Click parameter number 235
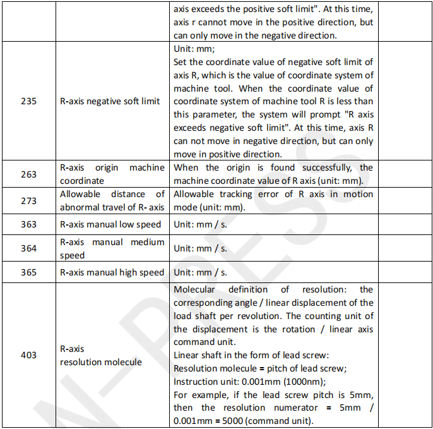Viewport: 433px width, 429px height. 28,100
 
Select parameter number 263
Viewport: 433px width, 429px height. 28,174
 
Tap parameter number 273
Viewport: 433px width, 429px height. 28,201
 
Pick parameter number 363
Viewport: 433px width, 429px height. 28,224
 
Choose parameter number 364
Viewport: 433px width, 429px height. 28,248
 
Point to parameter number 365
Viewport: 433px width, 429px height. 28,272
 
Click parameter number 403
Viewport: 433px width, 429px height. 28,355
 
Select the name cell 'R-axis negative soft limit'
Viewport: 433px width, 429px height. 110,100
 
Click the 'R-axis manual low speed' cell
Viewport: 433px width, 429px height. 110,224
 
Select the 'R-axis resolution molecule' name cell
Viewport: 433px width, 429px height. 101,355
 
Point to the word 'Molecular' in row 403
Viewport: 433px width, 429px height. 194,289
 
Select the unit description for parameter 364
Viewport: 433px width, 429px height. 200,248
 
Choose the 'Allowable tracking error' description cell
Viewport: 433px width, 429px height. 273,201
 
